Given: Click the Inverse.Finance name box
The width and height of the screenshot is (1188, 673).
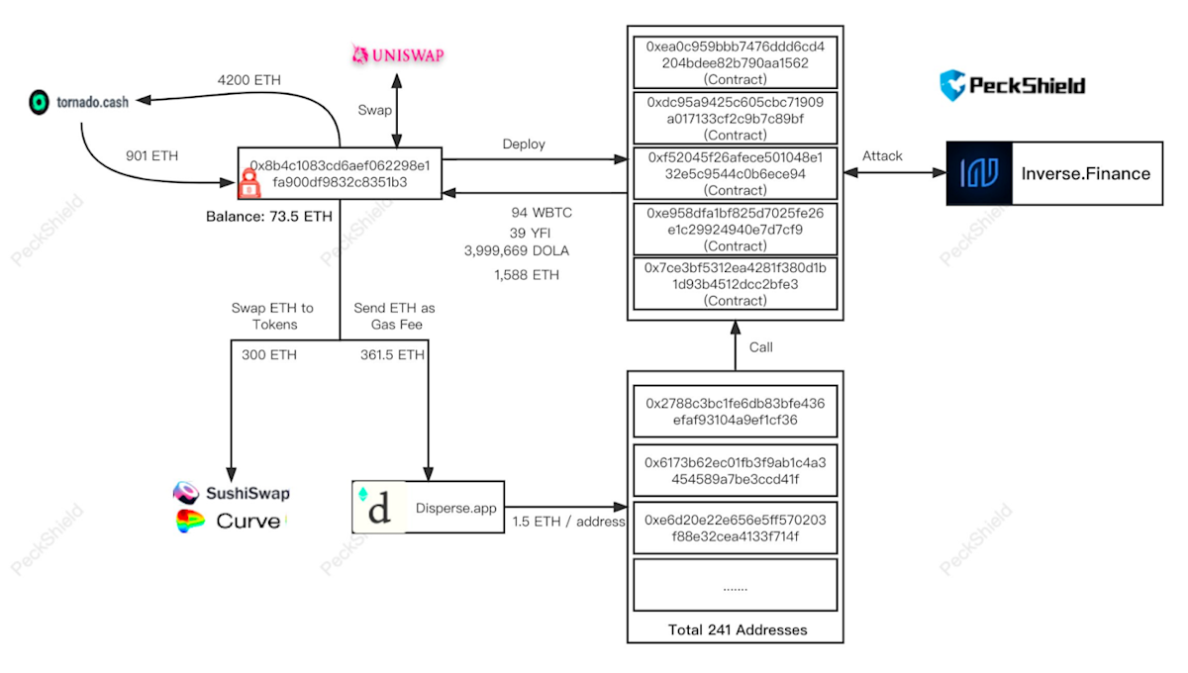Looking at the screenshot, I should coord(1085,173).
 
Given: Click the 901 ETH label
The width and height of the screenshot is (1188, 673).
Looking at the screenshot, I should coord(151,155).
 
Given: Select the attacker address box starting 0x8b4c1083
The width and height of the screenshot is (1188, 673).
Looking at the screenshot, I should coord(340,173).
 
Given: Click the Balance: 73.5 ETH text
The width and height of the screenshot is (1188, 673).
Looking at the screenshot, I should coord(269,216).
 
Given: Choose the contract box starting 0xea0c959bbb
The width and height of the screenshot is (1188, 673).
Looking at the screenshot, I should coord(735,62).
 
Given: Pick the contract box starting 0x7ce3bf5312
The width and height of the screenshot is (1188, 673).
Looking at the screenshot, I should coord(735,284).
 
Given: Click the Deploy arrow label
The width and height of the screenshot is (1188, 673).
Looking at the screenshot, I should coord(524,144).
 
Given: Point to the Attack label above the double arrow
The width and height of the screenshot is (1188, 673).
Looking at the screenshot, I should coord(882,155).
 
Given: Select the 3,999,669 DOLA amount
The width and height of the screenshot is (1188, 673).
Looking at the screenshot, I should coord(517,250).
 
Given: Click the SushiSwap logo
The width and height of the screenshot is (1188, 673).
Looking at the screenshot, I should coord(232,493).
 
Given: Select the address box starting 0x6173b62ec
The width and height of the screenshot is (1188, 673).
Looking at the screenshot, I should coord(735,471).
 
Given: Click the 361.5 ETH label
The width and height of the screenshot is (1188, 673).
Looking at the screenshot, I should coord(393,354).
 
